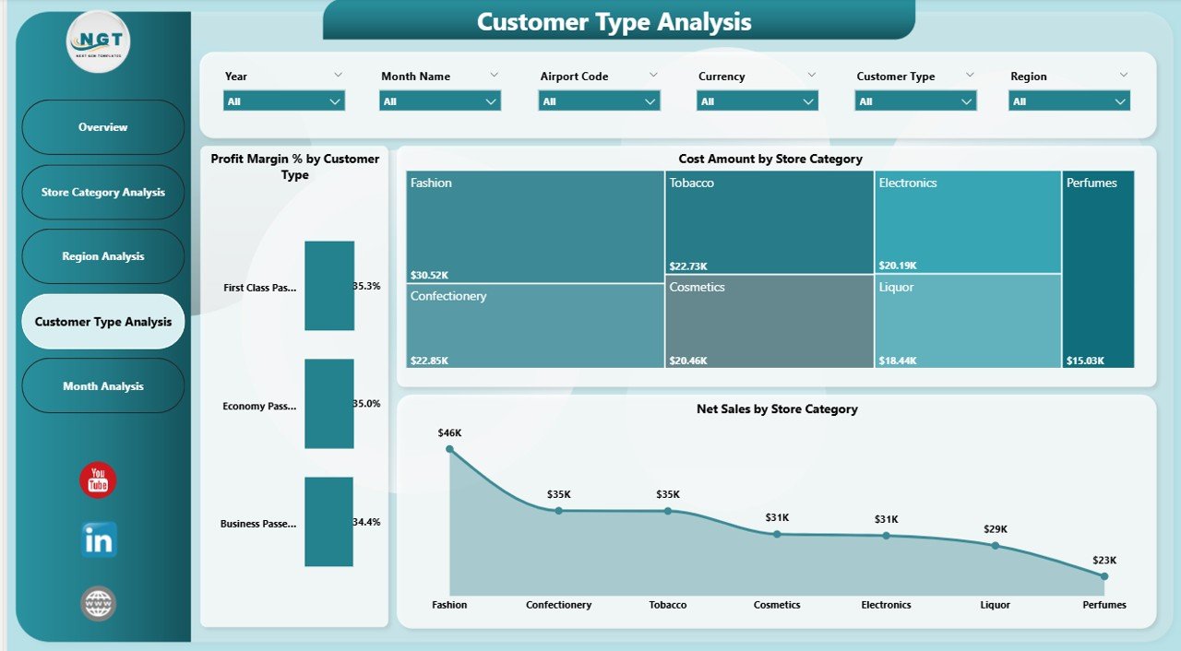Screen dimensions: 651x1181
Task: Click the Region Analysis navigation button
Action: (103, 256)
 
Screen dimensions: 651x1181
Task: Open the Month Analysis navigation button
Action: (103, 386)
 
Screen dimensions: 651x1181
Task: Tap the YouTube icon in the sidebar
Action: (98, 480)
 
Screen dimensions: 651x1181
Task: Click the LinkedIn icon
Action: (99, 540)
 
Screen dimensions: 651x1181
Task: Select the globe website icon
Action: (99, 604)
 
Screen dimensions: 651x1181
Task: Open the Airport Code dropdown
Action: (599, 101)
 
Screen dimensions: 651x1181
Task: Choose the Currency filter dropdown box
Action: (758, 101)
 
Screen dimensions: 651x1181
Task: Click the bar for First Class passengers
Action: (329, 286)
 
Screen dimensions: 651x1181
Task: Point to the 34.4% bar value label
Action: (366, 522)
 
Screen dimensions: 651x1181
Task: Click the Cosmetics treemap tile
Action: (769, 321)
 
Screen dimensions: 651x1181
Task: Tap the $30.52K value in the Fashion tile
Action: (429, 275)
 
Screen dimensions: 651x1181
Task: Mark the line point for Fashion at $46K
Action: (449, 449)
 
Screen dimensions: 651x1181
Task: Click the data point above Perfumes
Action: (1104, 576)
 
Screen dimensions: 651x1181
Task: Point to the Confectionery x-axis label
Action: (558, 605)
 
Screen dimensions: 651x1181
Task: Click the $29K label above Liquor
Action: (996, 529)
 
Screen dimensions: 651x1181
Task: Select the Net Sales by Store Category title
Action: (777, 408)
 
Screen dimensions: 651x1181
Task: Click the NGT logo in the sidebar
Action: (99, 41)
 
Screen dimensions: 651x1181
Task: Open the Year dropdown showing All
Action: (283, 101)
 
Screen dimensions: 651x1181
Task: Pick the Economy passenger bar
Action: (329, 404)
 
